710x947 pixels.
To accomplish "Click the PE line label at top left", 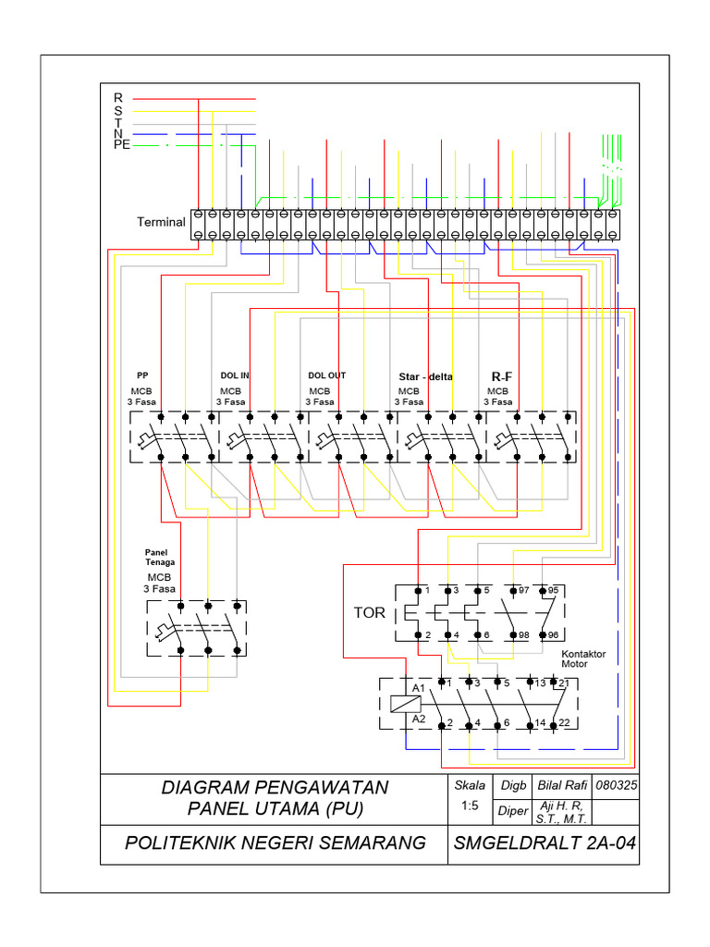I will point(121,145).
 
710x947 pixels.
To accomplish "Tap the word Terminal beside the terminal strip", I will point(162,222).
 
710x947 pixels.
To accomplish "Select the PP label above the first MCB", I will point(142,375).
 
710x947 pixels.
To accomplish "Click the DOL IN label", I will point(235,375).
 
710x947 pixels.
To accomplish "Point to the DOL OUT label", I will point(326,375).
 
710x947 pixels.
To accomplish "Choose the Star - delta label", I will point(426,376).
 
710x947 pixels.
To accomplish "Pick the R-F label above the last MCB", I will point(501,376).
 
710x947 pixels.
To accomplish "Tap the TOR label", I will point(369,613).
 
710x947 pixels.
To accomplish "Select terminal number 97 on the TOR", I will point(524,589).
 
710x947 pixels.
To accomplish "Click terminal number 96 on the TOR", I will point(554,634).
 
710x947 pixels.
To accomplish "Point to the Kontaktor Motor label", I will point(583,658).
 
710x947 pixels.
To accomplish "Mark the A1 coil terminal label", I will point(419,689).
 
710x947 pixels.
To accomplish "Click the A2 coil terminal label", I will point(419,718).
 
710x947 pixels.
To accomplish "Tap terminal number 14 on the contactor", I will point(540,722).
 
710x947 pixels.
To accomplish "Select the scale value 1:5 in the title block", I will point(469,806).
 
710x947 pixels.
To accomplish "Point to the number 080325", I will point(618,785).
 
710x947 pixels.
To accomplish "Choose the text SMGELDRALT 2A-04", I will point(544,842).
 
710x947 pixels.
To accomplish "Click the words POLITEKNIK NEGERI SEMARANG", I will point(275,842).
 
